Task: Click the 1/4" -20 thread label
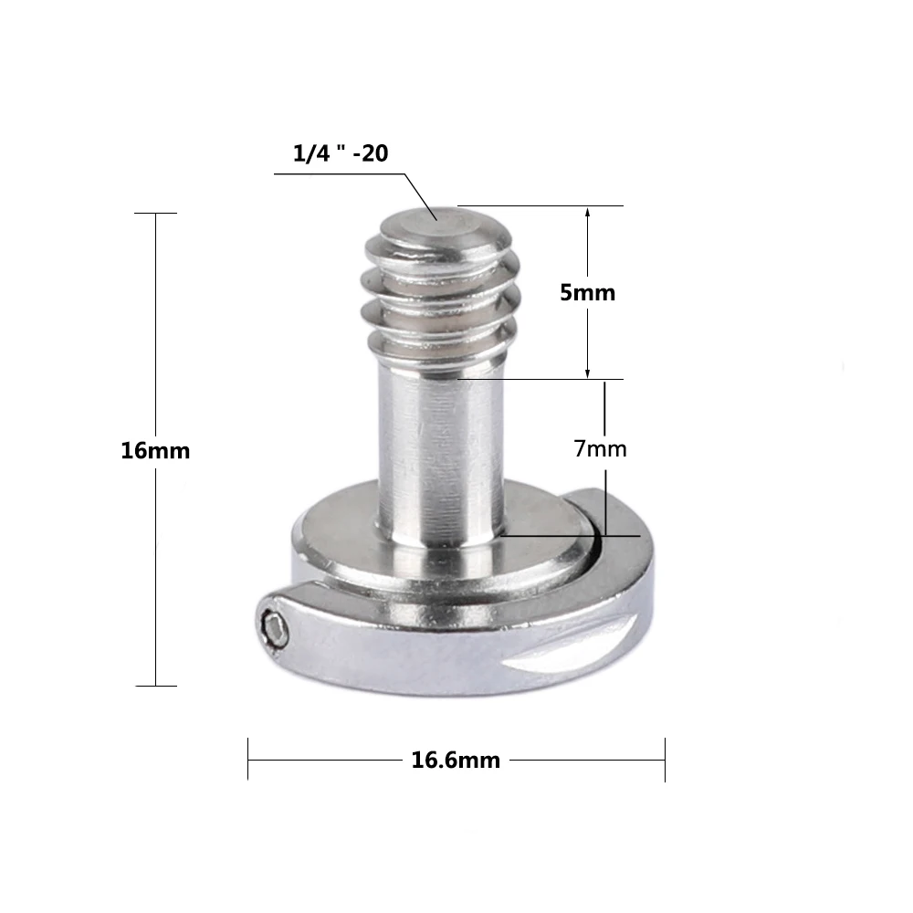(x=341, y=154)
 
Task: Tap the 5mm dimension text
(x=586, y=293)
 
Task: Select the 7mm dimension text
(x=600, y=448)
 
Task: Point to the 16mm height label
(x=155, y=450)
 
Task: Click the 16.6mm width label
(x=456, y=760)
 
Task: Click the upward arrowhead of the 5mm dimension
(x=587, y=213)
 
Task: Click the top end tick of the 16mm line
(x=155, y=214)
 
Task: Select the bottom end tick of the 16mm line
(x=155, y=685)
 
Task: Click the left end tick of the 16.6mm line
(x=248, y=760)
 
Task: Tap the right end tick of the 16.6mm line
(x=665, y=760)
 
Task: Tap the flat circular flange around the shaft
(x=539, y=525)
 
